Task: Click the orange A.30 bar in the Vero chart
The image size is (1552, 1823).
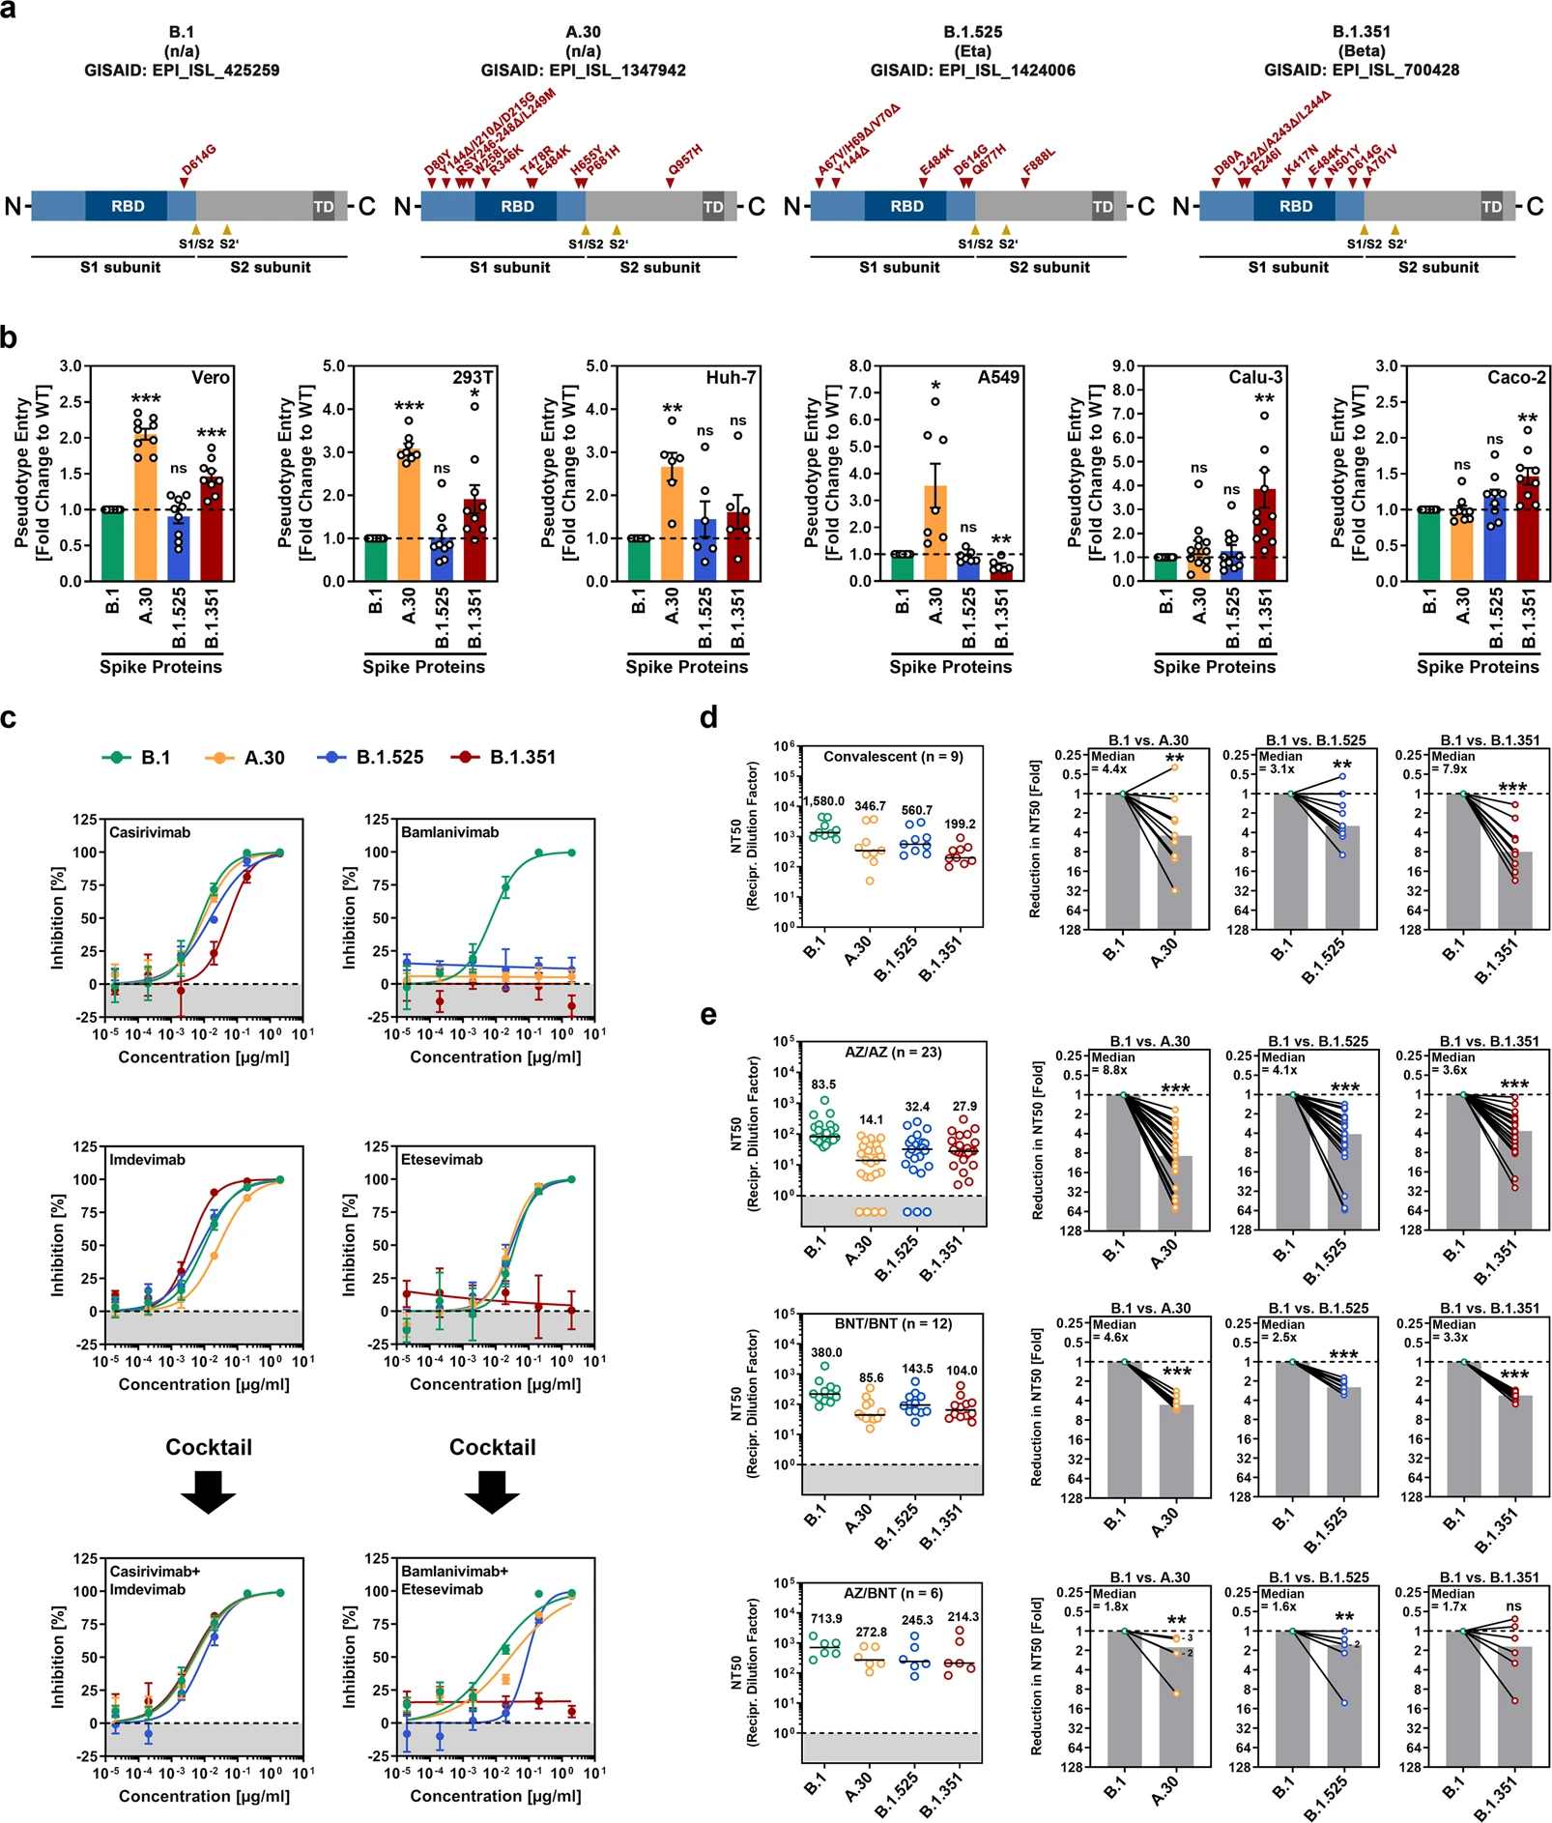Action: point(146,512)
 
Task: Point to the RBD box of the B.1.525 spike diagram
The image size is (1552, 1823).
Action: point(906,206)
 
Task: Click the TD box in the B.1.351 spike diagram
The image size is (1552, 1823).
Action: point(1491,207)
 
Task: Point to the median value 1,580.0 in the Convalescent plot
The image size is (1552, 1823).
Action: point(823,801)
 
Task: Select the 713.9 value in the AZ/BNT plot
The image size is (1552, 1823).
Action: point(826,1618)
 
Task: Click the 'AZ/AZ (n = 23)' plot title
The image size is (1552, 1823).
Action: point(892,1052)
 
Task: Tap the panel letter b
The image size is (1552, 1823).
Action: point(10,338)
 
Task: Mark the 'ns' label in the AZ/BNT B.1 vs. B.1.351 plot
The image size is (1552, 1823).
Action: point(1513,1606)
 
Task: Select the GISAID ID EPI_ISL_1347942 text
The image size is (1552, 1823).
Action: point(583,71)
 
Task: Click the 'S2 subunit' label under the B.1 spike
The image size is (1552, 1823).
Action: point(271,268)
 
